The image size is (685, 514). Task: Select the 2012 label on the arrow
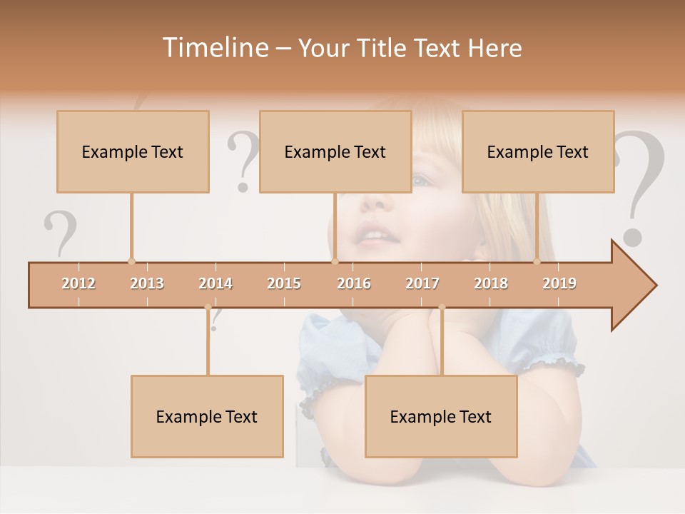pos(78,283)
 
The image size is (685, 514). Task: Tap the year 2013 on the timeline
pos(147,283)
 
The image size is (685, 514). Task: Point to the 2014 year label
pos(215,283)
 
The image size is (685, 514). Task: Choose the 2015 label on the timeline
pos(284,283)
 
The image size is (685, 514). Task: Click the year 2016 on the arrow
pos(354,283)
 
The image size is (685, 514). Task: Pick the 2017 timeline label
pos(422,283)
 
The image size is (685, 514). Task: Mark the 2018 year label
pos(491,283)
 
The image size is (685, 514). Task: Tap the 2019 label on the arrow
pos(559,283)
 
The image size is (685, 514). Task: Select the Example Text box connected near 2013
pos(133,151)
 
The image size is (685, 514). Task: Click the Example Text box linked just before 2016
pos(335,151)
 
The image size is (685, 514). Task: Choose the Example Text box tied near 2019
pos(538,151)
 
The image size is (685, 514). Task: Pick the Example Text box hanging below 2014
pos(207,416)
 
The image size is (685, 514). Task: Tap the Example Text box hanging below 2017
pos(441,416)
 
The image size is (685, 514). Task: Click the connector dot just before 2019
pos(537,261)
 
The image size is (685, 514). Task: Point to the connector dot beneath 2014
pos(208,308)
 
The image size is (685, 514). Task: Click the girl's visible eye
pos(421,181)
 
